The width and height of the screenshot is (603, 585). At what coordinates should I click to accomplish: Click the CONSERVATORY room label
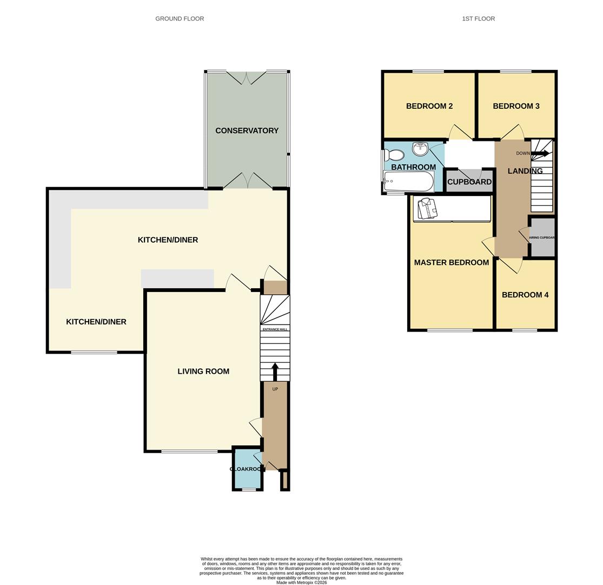247,131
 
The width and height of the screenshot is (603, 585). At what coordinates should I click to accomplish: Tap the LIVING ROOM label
203,371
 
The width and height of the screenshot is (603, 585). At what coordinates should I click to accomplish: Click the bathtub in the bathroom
408,181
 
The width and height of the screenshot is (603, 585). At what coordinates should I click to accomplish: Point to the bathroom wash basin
420,148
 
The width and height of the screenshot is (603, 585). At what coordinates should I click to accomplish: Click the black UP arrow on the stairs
275,372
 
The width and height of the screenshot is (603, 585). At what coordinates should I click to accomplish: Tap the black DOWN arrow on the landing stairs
540,154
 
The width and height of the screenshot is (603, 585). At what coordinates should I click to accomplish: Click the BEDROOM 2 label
429,106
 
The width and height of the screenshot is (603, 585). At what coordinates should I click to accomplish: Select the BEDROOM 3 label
516,106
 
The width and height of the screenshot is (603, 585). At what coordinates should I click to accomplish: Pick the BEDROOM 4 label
525,295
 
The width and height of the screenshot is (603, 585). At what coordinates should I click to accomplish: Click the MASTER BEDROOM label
451,262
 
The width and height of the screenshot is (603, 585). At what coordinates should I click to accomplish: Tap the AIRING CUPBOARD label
542,238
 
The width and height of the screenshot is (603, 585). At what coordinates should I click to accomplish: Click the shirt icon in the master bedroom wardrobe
427,209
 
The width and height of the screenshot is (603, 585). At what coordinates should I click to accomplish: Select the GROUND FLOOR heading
180,18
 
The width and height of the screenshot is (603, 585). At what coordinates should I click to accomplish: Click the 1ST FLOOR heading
478,18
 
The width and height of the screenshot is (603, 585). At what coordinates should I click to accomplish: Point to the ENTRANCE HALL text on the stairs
275,329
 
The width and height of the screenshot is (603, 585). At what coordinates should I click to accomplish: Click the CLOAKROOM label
246,469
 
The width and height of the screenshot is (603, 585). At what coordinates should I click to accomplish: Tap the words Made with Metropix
301,582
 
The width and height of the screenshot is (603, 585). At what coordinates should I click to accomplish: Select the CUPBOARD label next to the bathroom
469,182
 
